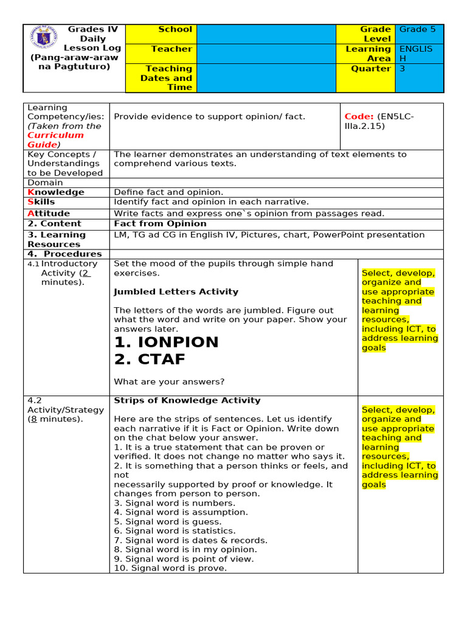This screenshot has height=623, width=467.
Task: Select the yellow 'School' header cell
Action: tap(161, 33)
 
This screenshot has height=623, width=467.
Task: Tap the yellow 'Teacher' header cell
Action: tap(161, 53)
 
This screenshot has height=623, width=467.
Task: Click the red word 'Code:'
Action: tap(359, 117)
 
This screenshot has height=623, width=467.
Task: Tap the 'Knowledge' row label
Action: tap(56, 192)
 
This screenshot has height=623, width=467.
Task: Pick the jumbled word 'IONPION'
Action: tap(166, 342)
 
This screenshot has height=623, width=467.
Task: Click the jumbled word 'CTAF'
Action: tap(150, 360)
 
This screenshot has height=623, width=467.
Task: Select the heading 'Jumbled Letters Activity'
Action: tap(176, 292)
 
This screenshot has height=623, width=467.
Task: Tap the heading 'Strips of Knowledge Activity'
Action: tap(187, 400)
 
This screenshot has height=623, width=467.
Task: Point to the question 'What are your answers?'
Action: tap(169, 382)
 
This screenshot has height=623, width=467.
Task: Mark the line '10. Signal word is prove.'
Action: tap(170, 568)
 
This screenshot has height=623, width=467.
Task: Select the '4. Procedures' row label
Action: tap(64, 254)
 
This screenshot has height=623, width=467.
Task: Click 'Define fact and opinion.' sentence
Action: tap(168, 192)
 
